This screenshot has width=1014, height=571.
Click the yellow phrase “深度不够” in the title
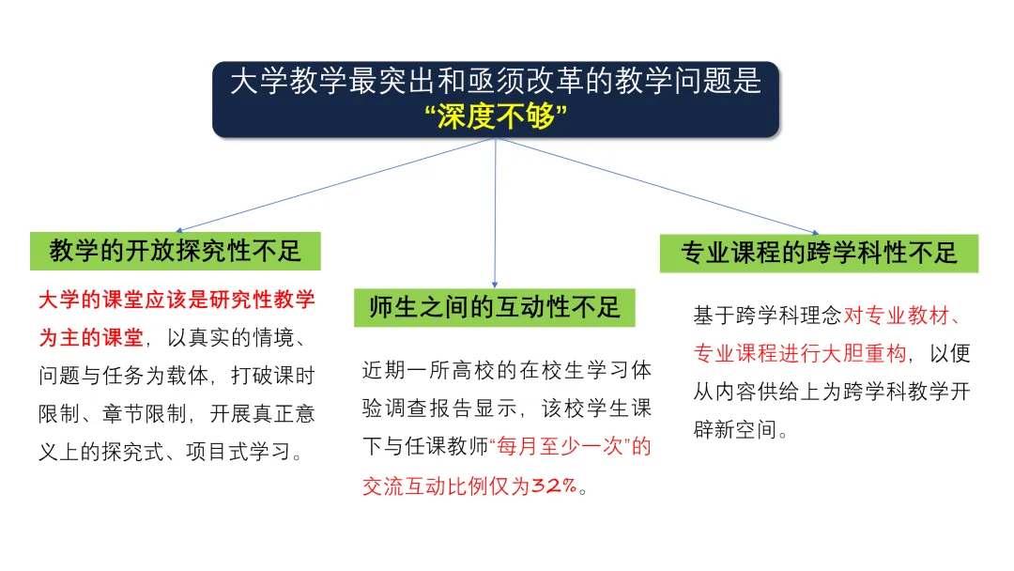tap(496, 117)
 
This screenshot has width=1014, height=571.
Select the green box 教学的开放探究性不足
tap(176, 251)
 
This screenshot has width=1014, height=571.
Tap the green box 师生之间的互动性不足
tap(495, 307)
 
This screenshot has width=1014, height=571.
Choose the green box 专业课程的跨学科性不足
tap(819, 253)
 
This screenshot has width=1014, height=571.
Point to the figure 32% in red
tap(554, 486)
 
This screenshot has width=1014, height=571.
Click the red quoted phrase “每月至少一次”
tap(571, 446)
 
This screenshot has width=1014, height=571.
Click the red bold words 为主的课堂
tap(91, 338)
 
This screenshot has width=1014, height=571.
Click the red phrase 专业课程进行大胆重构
tap(800, 354)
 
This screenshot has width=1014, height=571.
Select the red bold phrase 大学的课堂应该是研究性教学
tap(177, 301)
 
